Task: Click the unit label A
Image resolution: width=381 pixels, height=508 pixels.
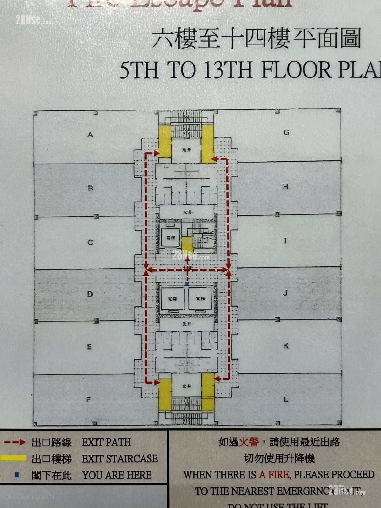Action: tap(90, 135)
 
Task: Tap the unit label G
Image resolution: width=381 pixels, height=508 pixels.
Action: tap(286, 132)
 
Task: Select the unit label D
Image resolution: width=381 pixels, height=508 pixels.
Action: tap(90, 294)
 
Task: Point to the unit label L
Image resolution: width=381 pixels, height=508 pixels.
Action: tap(286, 399)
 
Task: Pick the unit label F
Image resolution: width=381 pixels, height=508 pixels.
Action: tap(89, 399)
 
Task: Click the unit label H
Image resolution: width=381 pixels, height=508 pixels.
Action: tap(286, 186)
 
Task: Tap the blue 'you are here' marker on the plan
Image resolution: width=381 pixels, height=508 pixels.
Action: tap(187, 283)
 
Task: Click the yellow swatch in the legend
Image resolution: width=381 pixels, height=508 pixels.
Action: tap(13, 458)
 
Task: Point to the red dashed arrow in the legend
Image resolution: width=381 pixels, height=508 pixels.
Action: tap(15, 442)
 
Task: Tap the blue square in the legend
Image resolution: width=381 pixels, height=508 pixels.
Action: tap(17, 475)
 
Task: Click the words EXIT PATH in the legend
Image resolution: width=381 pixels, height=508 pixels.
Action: tap(106, 442)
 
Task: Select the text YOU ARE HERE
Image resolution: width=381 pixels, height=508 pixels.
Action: tap(117, 475)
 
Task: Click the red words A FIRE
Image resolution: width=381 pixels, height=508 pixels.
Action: tap(274, 475)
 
